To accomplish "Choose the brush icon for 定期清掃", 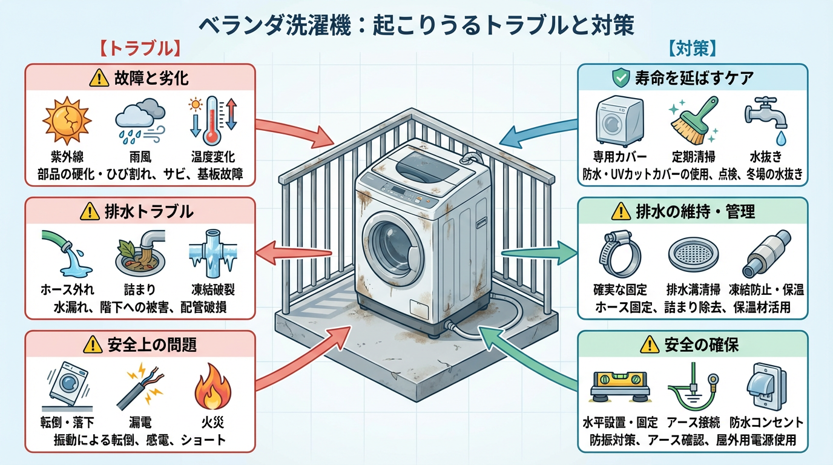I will tap(693, 119).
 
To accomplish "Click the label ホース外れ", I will tap(66, 289).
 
